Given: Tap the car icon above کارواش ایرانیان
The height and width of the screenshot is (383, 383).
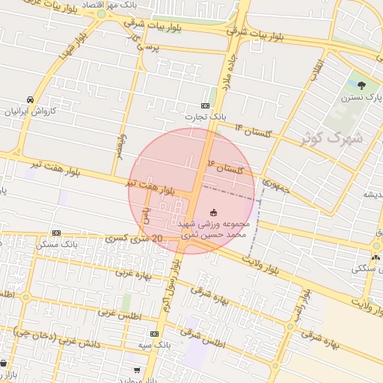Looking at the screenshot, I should pyautogui.click(x=30, y=99).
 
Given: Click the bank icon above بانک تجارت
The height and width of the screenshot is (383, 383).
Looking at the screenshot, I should pyautogui.click(x=206, y=106).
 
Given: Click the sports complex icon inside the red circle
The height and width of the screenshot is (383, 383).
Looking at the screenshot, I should pyautogui.click(x=214, y=213).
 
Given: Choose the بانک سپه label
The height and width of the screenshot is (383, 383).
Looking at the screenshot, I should pyautogui.click(x=156, y=345).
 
